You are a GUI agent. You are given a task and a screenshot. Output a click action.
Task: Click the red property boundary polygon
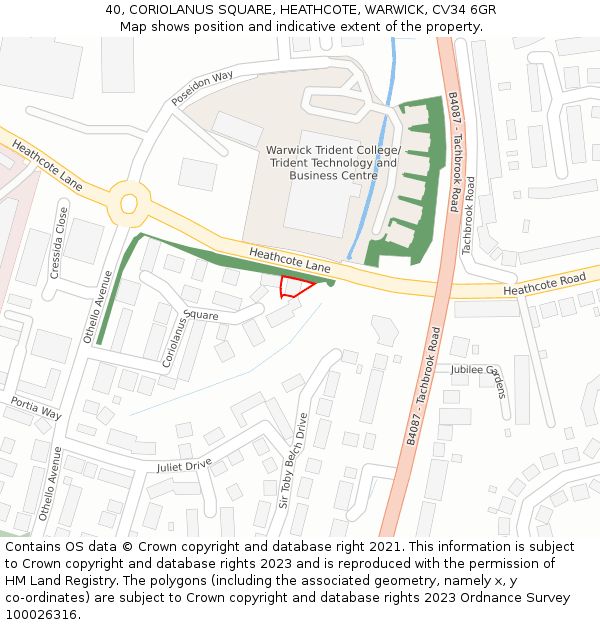(294, 288)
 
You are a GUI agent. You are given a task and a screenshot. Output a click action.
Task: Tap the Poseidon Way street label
(201, 88)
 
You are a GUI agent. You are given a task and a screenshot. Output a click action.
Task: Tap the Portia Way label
(36, 407)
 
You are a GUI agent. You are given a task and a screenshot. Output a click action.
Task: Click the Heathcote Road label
(546, 284)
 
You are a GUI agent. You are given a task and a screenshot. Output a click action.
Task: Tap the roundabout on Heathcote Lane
(128, 203)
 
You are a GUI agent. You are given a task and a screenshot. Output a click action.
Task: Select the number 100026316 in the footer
(41, 614)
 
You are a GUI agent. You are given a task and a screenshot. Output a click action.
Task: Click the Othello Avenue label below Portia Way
(49, 484)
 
